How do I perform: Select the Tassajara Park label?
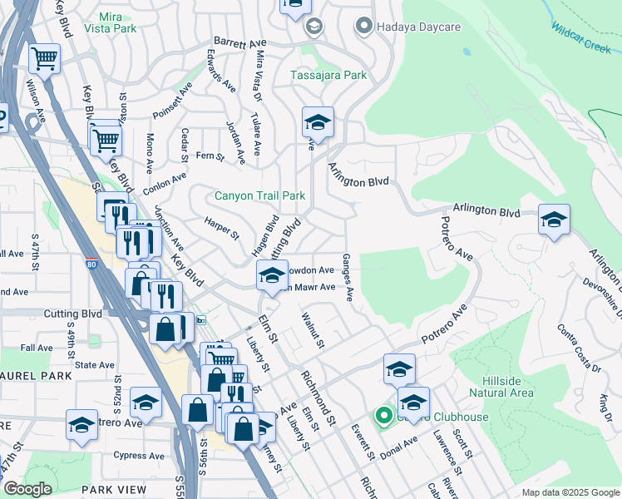tap(328, 76)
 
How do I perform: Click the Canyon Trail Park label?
tap(259, 196)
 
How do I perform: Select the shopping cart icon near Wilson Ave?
tap(44, 58)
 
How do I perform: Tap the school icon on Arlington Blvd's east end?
tap(554, 220)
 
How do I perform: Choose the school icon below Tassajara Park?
tap(317, 122)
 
